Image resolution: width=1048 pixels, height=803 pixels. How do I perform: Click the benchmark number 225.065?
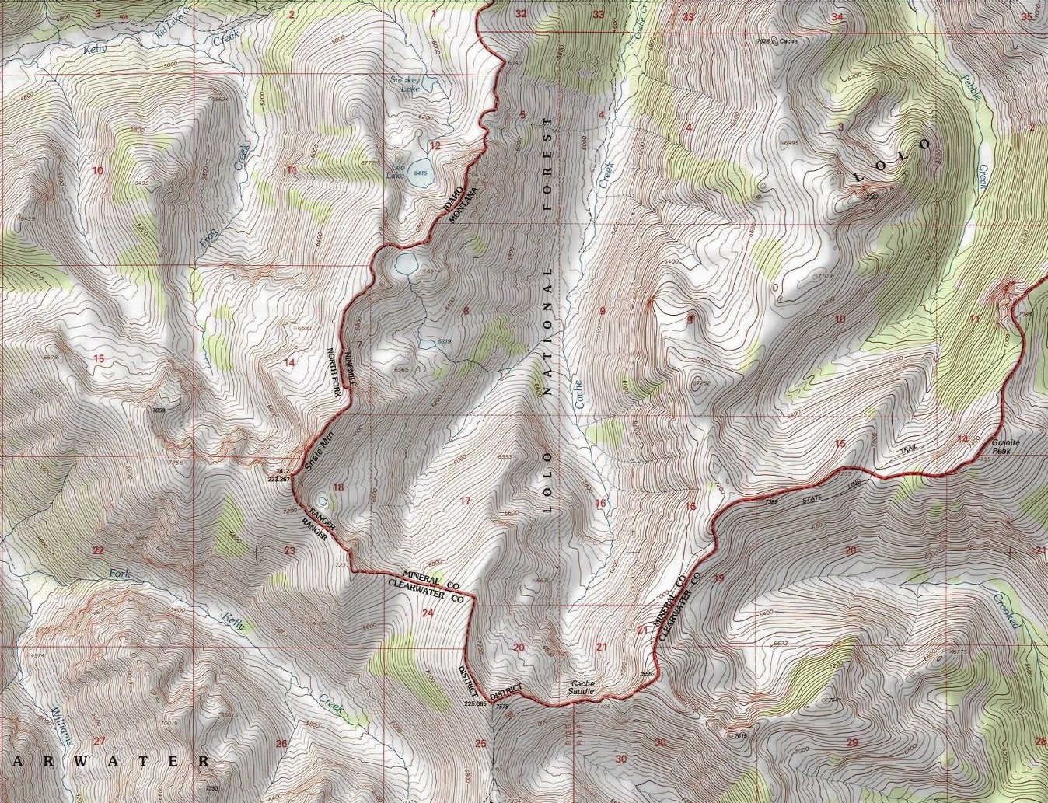click(x=475, y=703)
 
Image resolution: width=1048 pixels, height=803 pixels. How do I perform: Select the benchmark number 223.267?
click(x=278, y=480)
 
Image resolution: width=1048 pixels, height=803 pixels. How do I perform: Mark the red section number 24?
click(x=427, y=613)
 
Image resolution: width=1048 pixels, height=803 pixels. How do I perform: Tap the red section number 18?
click(x=337, y=487)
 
